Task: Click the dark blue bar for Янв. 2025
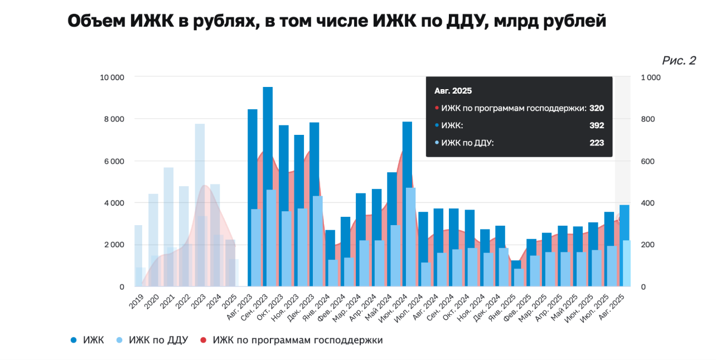[516, 264]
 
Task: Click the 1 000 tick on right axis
[650, 77]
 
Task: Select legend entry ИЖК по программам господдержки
[297, 340]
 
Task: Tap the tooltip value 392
[597, 126]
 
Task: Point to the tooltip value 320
[597, 108]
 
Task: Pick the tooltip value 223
[597, 143]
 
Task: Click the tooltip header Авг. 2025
[453, 90]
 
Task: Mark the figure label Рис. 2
[679, 61]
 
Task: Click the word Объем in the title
[96, 22]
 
